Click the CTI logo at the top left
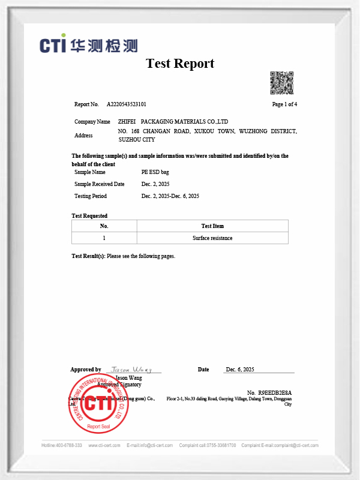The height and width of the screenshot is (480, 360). [89, 46]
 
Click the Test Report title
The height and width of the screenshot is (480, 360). [180, 64]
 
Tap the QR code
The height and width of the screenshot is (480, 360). [281, 83]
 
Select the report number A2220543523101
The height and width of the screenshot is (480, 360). [127, 104]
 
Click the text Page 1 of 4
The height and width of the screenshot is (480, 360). [284, 104]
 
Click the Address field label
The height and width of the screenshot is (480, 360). [83, 136]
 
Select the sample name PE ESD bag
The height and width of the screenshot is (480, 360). [155, 172]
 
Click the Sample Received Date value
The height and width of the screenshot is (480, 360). [156, 184]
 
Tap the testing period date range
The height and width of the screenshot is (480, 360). [170, 196]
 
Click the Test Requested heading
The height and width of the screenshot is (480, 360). [89, 215]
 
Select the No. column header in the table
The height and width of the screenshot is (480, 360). [104, 226]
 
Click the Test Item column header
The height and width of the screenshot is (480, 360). [212, 226]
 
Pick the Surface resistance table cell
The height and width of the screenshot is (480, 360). [212, 238]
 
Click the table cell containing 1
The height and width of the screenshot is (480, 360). [104, 238]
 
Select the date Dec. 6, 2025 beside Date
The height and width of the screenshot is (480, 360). [240, 370]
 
